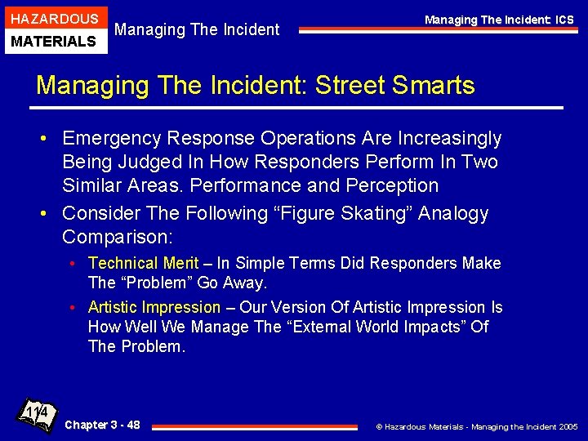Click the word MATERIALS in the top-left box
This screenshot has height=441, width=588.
(55, 41)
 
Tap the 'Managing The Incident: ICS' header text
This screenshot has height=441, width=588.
(498, 20)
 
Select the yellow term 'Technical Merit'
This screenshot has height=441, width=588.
(143, 263)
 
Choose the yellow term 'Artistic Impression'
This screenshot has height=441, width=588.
(154, 307)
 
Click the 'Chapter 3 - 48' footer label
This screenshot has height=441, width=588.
(102, 425)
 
